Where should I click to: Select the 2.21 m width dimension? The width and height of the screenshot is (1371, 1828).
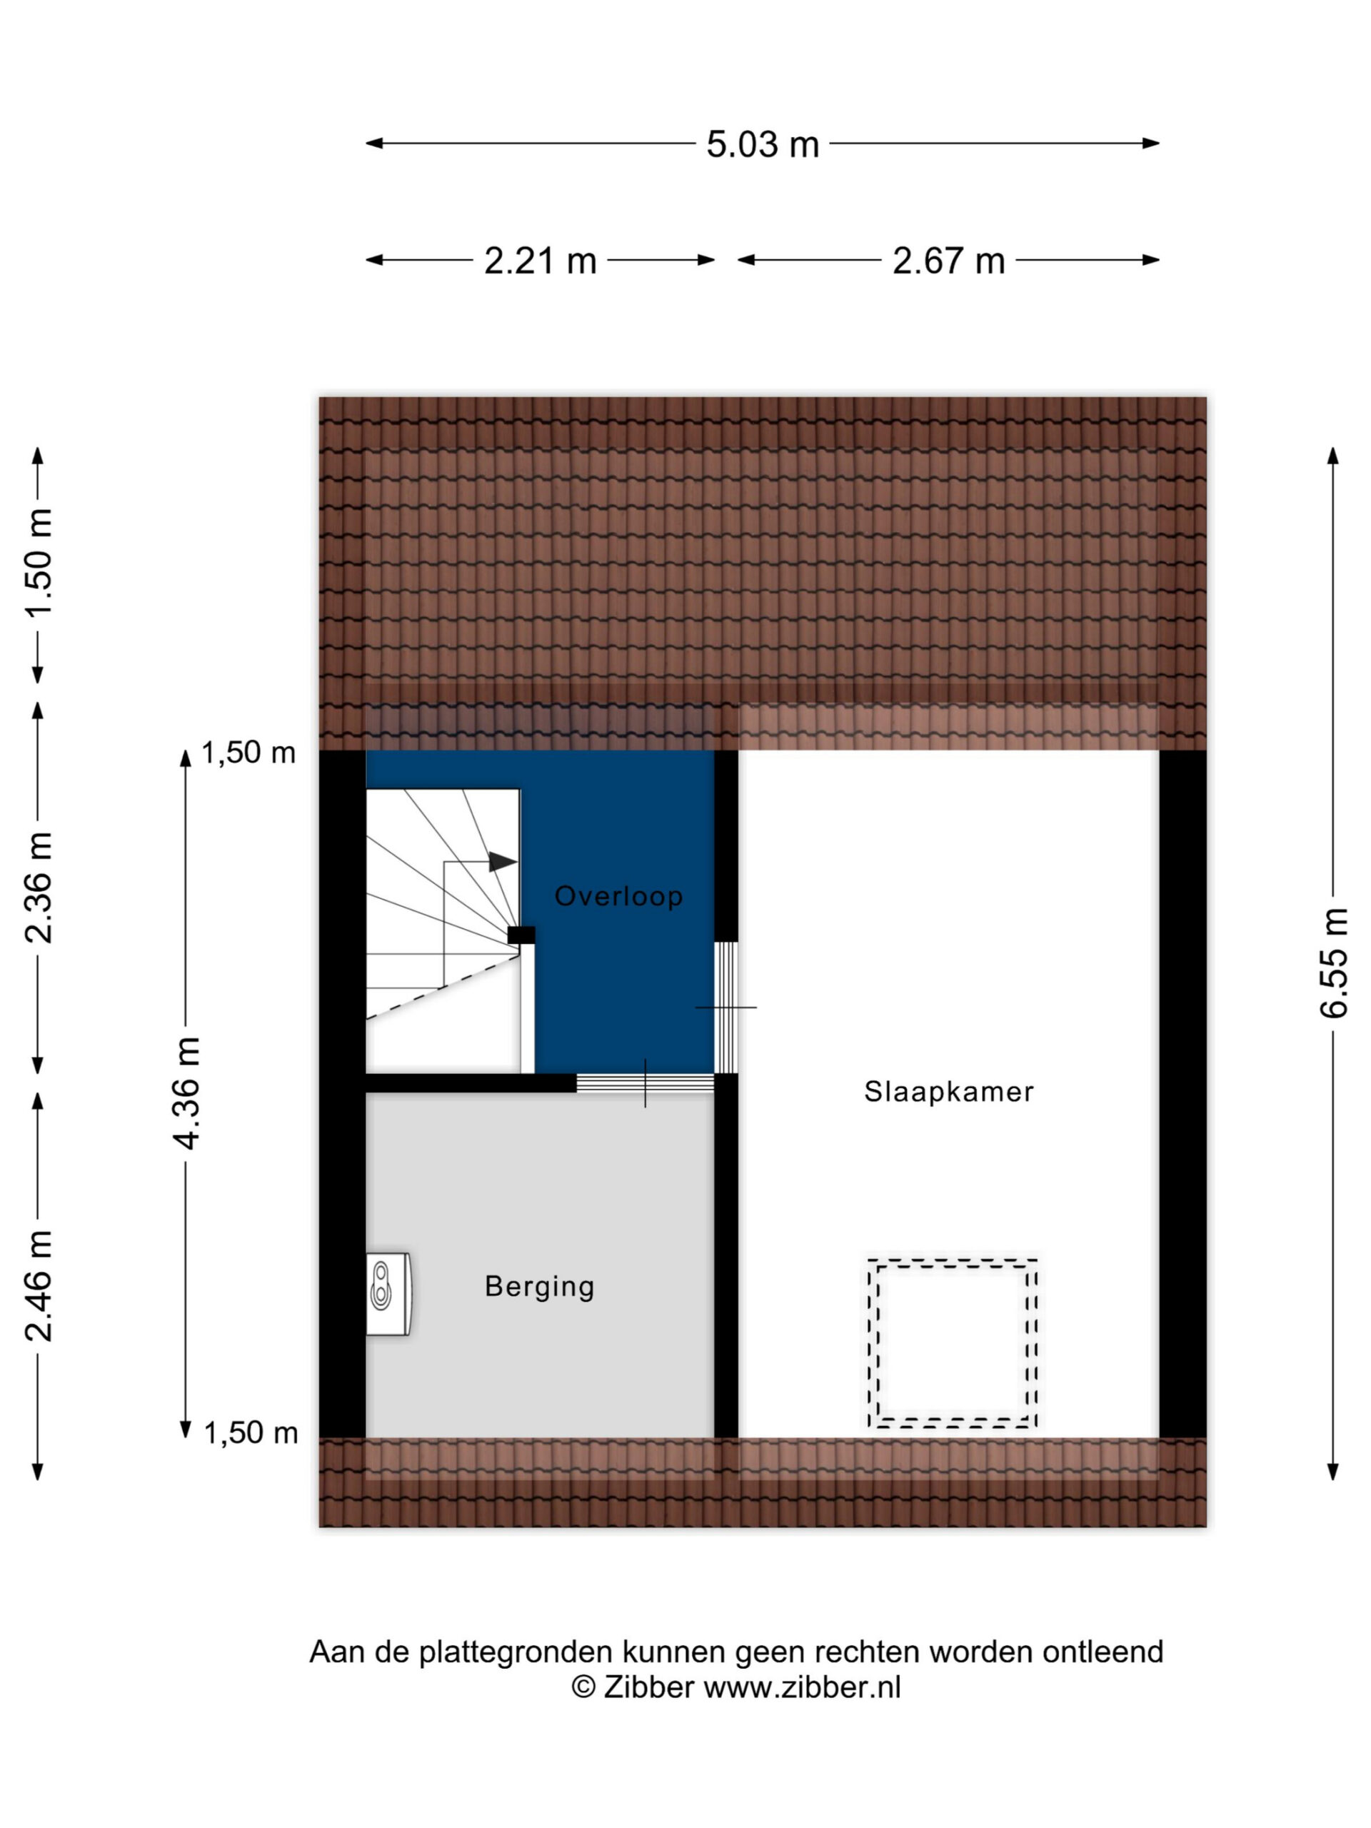click(540, 261)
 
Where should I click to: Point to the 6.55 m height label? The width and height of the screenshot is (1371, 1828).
click(1334, 963)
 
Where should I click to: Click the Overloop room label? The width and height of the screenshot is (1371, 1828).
click(618, 896)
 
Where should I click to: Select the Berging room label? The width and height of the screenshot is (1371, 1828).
click(540, 1286)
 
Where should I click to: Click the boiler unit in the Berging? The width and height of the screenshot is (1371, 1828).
click(388, 1293)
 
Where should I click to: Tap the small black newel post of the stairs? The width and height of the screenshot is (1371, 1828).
click(521, 935)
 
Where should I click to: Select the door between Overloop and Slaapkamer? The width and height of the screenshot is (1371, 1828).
click(725, 1008)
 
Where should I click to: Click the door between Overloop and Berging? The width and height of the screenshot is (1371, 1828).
click(645, 1083)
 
